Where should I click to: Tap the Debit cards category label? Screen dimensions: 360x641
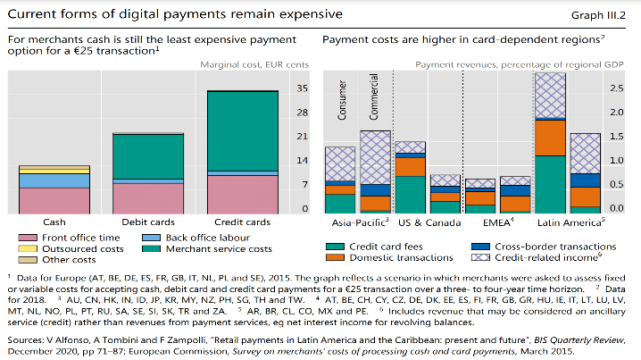tap(148, 222)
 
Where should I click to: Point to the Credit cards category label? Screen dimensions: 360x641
tap(243, 222)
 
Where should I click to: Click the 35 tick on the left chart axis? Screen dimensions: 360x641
tap(302, 88)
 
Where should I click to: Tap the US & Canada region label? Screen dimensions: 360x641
tap(425, 221)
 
